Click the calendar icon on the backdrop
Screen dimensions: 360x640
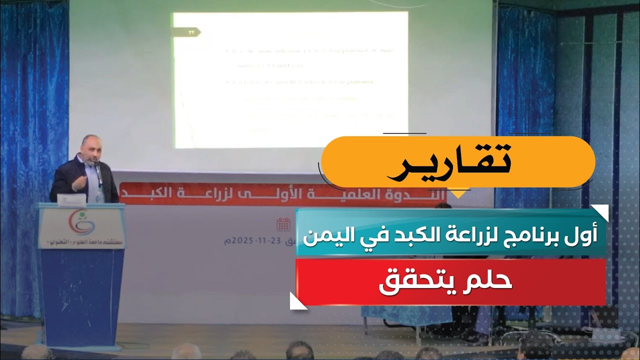283,224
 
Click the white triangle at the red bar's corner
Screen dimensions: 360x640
298,300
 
